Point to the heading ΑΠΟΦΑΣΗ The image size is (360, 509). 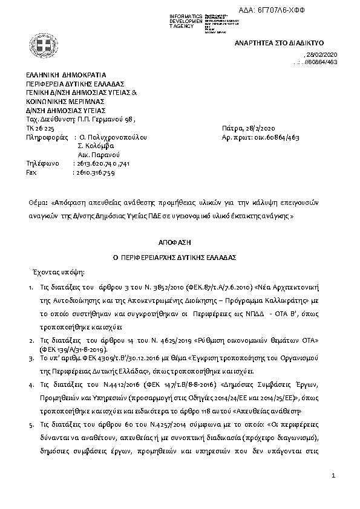point(178,241)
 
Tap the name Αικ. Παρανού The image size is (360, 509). point(99,155)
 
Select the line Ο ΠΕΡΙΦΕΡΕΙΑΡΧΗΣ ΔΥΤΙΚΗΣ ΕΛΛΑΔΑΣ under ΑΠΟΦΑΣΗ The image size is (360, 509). point(178,257)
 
